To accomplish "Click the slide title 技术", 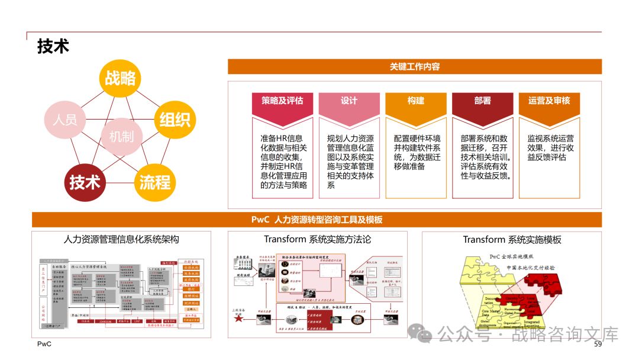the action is tap(53, 46).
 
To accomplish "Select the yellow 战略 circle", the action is tap(120, 79).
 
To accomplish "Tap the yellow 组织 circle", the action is tap(175, 120).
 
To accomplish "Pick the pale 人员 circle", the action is tap(64, 120).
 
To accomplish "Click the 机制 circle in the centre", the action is tap(121, 137).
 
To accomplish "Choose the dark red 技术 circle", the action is tap(85, 182).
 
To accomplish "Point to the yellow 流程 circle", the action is tap(155, 182).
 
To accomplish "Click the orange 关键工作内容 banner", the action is tap(414, 67).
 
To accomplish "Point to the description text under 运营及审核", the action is tap(550, 147).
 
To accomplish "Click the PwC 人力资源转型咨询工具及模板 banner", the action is tap(317, 220).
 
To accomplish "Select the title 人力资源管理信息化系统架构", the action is tap(121, 239).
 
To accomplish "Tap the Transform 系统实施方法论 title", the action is tap(317, 239).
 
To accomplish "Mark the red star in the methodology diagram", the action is tap(238, 319).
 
